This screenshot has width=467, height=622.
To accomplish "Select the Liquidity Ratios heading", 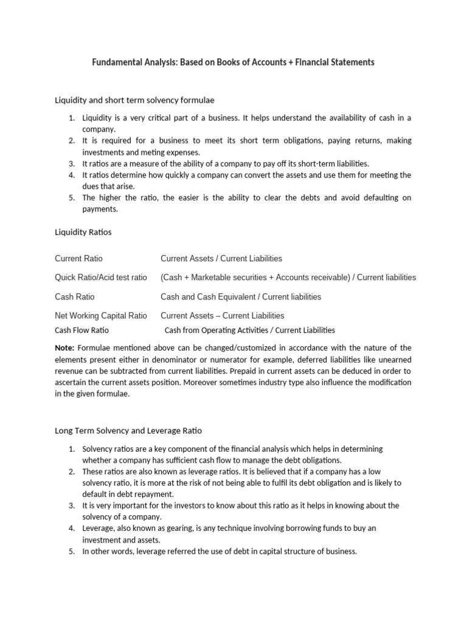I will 83,232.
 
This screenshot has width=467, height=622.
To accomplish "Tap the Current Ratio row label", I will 79,259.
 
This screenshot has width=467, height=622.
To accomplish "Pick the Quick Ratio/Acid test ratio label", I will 101,278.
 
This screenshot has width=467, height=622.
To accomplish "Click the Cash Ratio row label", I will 75,297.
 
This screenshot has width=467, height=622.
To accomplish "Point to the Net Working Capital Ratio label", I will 101,316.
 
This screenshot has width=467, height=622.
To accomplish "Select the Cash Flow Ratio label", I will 82,330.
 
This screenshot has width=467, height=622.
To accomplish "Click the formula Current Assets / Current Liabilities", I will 221,259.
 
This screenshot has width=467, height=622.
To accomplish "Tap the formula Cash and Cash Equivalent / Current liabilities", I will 241,297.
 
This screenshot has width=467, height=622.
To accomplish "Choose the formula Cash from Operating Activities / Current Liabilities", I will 250,330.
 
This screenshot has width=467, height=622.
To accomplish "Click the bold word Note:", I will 64,348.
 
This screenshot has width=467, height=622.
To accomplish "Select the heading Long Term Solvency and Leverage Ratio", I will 128,431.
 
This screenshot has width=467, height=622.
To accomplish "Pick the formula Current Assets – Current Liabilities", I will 223,316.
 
